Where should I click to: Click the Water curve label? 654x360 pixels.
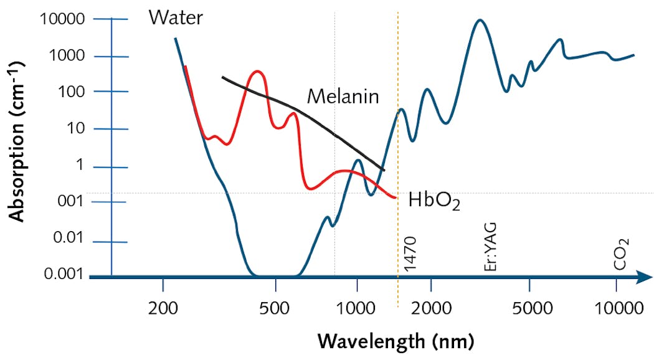point(176,17)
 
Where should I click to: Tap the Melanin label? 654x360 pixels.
point(343,97)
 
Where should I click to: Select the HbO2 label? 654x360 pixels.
point(434,201)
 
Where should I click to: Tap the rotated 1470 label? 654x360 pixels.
point(409,254)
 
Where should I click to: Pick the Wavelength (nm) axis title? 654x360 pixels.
point(396,341)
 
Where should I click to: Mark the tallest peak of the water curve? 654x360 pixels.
point(479,20)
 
